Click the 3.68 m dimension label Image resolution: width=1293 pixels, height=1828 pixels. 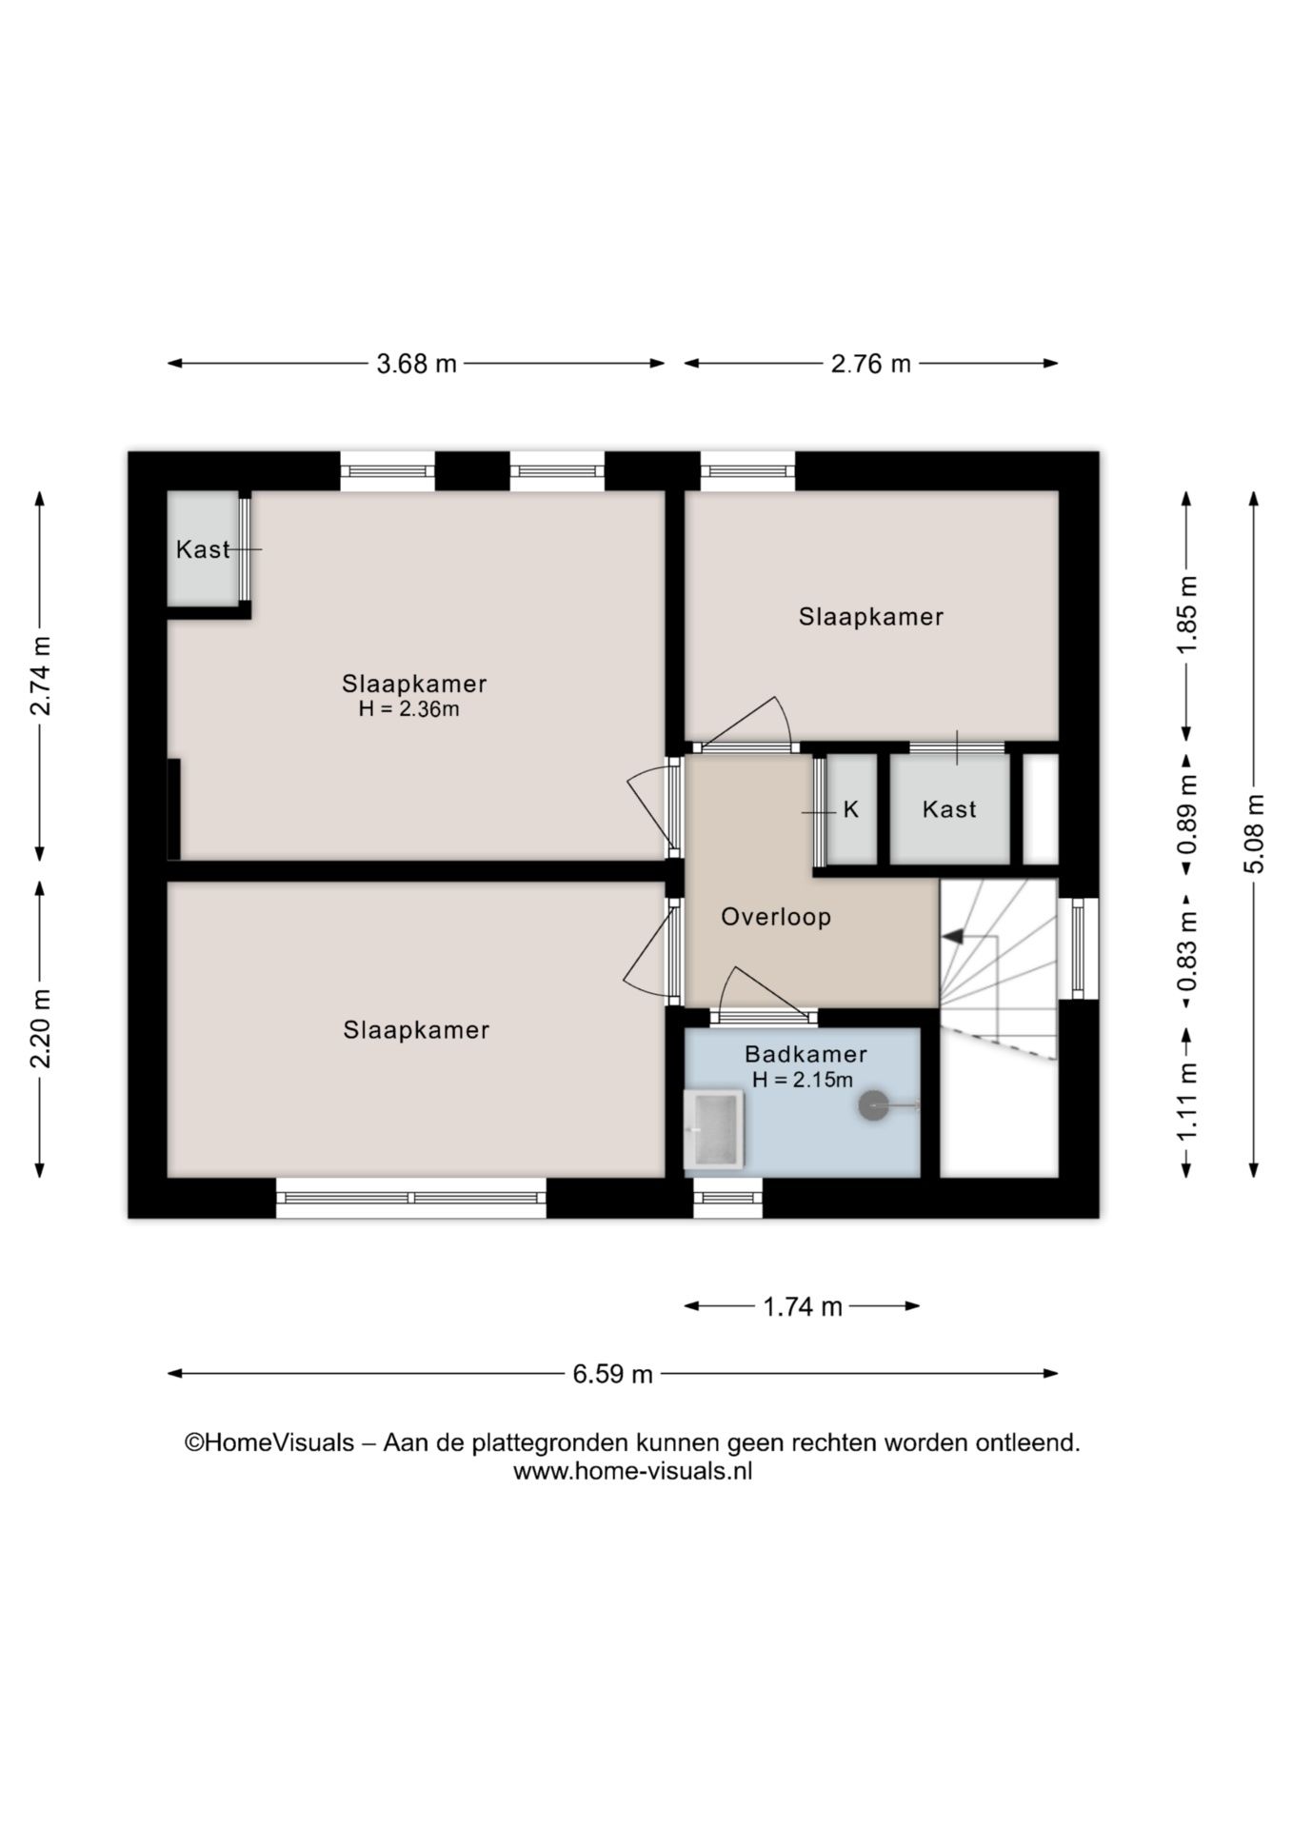pyautogui.click(x=416, y=364)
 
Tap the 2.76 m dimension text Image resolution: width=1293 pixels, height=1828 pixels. pyautogui.click(x=870, y=364)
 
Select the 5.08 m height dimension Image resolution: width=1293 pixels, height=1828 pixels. pyautogui.click(x=1254, y=833)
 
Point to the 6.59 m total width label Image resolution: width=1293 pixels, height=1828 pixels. pyautogui.click(x=612, y=1374)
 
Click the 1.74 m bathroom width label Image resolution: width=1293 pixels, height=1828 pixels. pyautogui.click(x=803, y=1306)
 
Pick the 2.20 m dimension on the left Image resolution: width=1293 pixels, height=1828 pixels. pyautogui.click(x=40, y=1028)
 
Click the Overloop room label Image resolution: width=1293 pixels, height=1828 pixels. pyautogui.click(x=776, y=917)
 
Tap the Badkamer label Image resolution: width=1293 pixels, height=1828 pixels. pyautogui.click(x=806, y=1054)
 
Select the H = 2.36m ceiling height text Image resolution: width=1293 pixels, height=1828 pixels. pyautogui.click(x=408, y=709)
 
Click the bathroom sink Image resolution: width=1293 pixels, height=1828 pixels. pyautogui.click(x=713, y=1129)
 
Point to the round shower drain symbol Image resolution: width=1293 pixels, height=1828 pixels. pyautogui.click(x=873, y=1105)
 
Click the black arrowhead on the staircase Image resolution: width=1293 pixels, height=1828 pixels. pyautogui.click(x=952, y=938)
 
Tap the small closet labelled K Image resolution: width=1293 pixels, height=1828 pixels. pyautogui.click(x=851, y=809)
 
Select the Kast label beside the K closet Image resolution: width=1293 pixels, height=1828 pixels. pyautogui.click(x=949, y=809)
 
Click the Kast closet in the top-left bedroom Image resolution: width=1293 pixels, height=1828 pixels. pyautogui.click(x=203, y=548)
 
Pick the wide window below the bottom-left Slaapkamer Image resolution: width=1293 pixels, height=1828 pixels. pyautogui.click(x=411, y=1198)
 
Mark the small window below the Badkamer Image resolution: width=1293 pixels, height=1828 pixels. pyautogui.click(x=727, y=1198)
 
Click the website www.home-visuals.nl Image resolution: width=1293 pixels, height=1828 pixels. pyautogui.click(x=632, y=1471)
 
